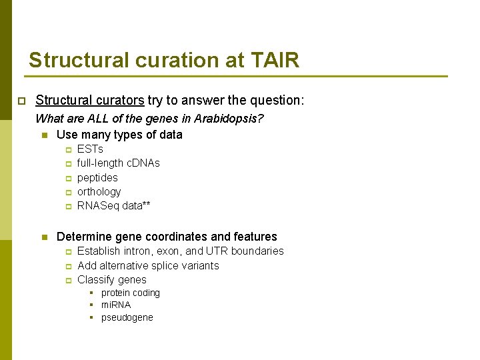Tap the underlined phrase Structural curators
pyautogui.click(x=90, y=100)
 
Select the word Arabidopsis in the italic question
pyautogui.click(x=228, y=119)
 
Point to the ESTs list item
pyautogui.click(x=90, y=149)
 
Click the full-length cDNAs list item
pyautogui.click(x=118, y=163)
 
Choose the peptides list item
pyautogui.click(x=97, y=177)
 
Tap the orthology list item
pyautogui.click(x=99, y=191)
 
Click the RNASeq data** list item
pyautogui.click(x=113, y=205)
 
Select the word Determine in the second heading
pyautogui.click(x=83, y=237)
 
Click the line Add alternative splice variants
pyautogui.click(x=148, y=265)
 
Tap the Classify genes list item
pyautogui.click(x=111, y=279)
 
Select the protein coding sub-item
pyautogui.click(x=130, y=293)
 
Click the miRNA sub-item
pyautogui.click(x=116, y=305)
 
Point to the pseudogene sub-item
pyautogui.click(x=127, y=317)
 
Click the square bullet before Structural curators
pyautogui.click(x=21, y=101)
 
